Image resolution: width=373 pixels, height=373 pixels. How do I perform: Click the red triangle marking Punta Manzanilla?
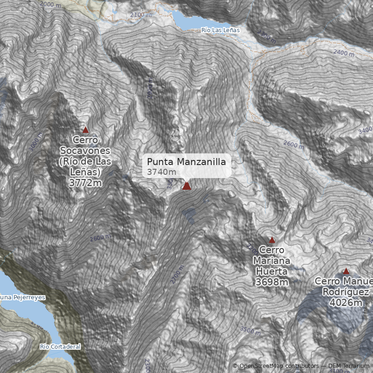tap(186, 186)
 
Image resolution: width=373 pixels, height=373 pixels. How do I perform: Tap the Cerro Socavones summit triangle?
tap(85, 131)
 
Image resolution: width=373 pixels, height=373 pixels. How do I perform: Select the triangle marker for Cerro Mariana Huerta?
tap(272, 240)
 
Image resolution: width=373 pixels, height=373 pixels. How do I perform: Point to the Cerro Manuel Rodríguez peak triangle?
tap(346, 271)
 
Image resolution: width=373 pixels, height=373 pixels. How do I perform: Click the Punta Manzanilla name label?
tap(186, 162)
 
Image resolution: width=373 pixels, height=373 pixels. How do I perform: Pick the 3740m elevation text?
tap(161, 173)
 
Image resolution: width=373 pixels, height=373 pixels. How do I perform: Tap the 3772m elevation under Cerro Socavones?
tap(85, 183)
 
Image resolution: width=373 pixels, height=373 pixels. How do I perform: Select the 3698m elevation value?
tap(271, 282)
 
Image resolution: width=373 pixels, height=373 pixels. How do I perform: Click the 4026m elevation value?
tap(345, 303)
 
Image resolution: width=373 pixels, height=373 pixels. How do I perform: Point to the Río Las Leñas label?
tap(220, 30)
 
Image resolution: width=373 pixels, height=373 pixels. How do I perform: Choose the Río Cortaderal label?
tap(60, 346)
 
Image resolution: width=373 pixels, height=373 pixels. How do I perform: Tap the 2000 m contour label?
tap(50, 4)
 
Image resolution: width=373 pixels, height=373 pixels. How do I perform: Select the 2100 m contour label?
tap(141, 15)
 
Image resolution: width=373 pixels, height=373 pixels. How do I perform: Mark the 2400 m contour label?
tap(344, 53)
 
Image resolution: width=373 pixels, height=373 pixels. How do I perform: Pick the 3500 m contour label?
tap(250, 331)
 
